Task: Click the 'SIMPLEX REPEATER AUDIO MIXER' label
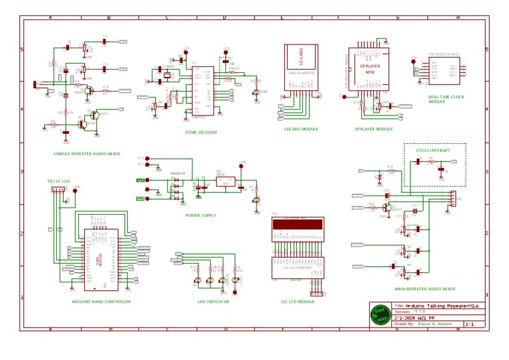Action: pos(87,154)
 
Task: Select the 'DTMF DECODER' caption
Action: pos(201,133)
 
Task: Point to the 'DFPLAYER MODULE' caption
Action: pos(373,129)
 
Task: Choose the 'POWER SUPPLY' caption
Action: pos(201,215)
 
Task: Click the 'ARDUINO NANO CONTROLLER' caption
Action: pos(101,301)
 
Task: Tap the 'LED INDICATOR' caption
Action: pos(213,301)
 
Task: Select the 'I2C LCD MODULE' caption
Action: pos(298,301)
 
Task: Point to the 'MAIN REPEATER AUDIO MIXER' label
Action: pos(425,289)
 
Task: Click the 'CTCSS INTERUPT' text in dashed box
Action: pos(433,150)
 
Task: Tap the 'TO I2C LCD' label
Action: pos(58,181)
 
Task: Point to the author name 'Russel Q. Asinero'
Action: pos(435,324)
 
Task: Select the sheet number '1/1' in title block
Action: pos(470,324)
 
